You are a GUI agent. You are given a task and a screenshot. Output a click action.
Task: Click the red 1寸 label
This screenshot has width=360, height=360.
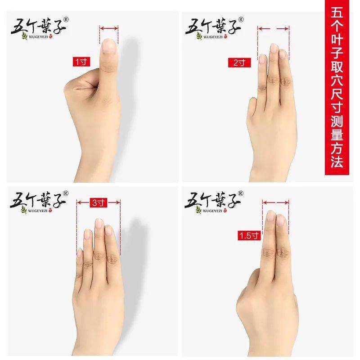point(81,62)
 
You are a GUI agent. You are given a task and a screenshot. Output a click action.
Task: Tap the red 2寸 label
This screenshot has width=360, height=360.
point(239,63)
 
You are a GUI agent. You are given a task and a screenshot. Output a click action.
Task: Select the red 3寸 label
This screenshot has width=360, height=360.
point(99,203)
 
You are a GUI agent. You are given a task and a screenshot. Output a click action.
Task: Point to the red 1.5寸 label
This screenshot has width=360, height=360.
point(249,235)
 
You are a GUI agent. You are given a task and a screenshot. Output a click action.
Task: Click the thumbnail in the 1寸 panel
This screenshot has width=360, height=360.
point(109,46)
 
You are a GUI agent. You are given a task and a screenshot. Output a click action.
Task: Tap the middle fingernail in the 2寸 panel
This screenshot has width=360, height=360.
point(274,49)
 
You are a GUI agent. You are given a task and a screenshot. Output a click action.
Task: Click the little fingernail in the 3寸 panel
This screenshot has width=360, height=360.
point(80,252)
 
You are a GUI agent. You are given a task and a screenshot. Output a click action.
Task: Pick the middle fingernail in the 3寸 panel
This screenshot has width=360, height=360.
point(99,223)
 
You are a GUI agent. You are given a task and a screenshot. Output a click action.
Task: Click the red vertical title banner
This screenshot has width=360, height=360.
point(337,87)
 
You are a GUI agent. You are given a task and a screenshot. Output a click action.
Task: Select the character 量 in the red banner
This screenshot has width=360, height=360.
point(337,134)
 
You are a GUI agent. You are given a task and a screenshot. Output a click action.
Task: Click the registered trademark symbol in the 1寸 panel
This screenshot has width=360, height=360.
point(66,20)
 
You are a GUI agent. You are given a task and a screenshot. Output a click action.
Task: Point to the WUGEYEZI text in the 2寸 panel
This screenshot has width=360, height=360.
point(213,37)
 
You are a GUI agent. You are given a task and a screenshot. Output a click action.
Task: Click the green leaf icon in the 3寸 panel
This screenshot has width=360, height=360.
point(24,209)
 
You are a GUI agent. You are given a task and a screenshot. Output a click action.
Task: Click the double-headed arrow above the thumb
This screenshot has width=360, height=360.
point(109,28)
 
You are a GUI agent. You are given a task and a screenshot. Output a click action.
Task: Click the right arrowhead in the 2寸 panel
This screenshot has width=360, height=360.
point(287,29)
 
